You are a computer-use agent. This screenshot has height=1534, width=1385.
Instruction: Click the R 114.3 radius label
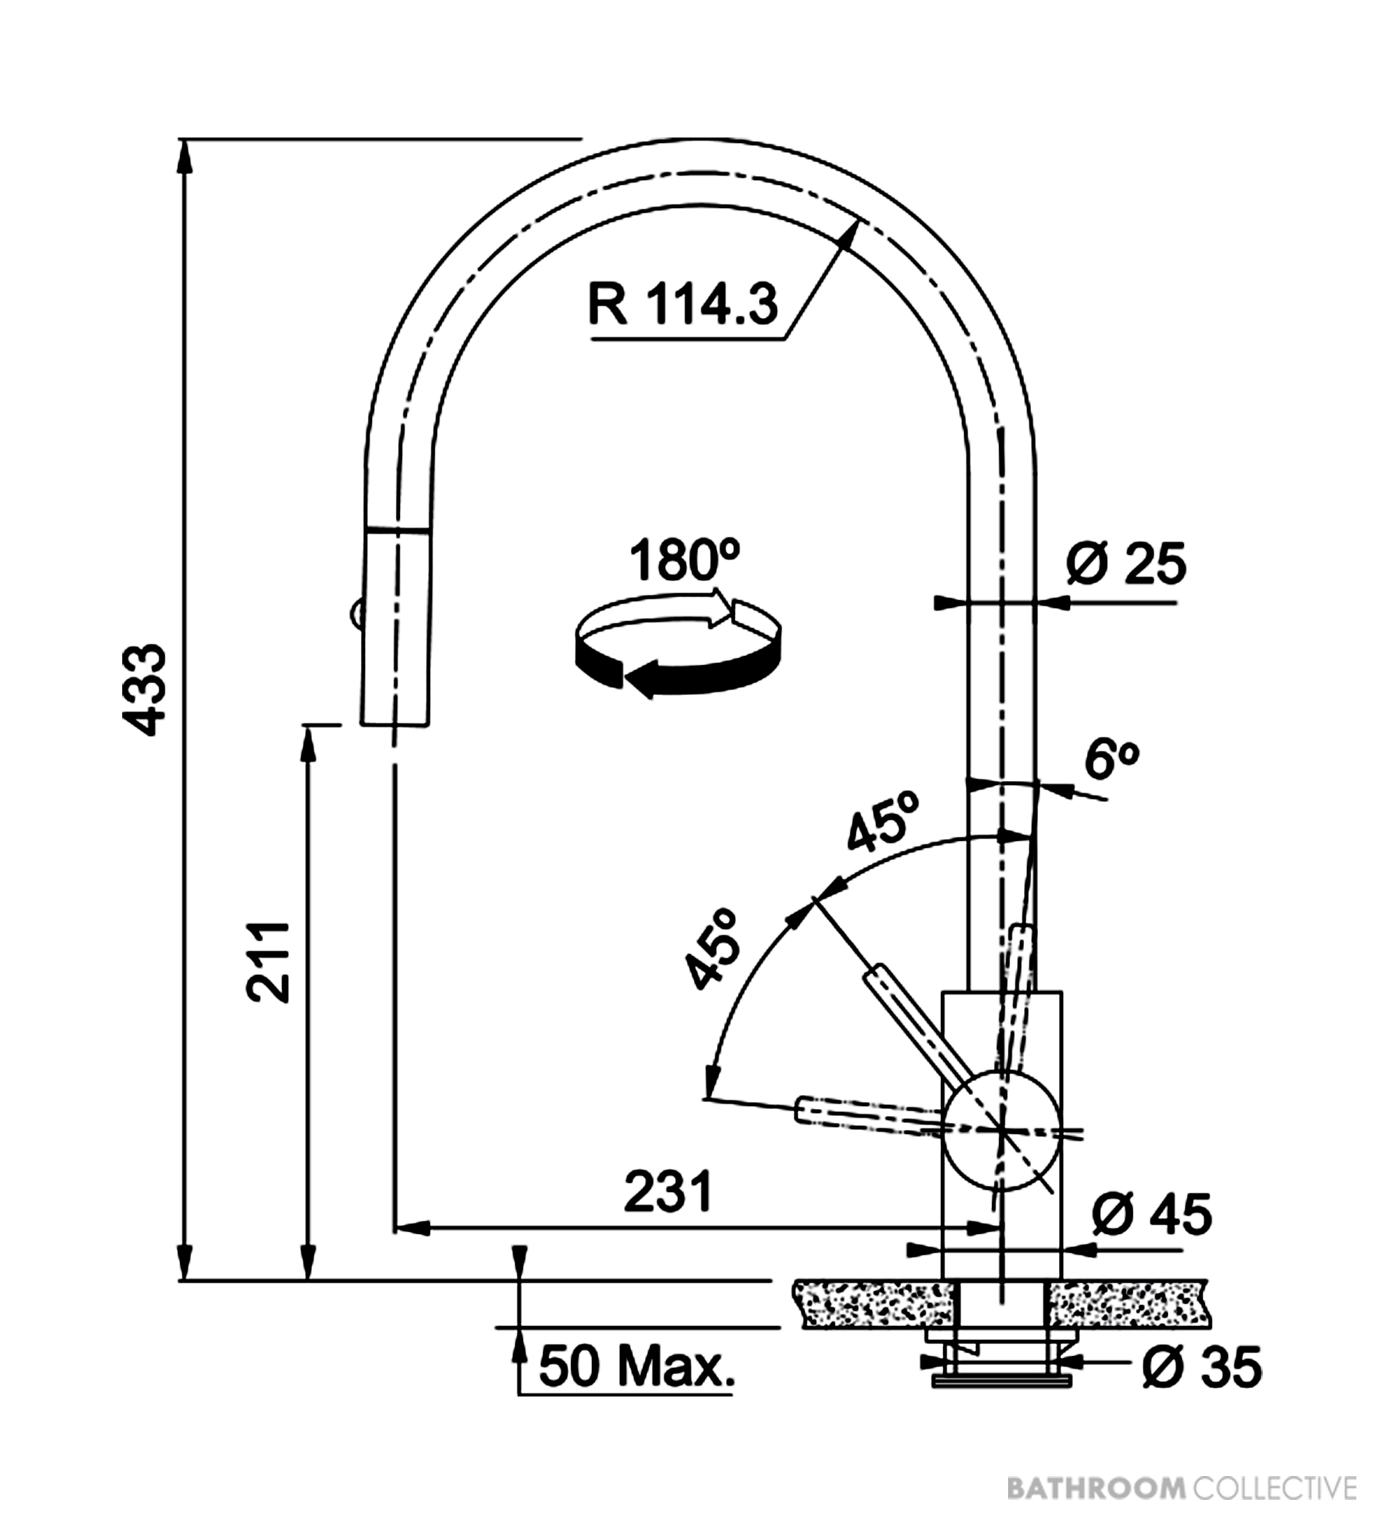(683, 304)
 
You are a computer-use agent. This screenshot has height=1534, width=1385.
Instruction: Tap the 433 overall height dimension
(145, 691)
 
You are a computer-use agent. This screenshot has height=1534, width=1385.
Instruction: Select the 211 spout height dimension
(268, 962)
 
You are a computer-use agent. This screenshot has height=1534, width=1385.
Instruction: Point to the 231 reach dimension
(669, 1190)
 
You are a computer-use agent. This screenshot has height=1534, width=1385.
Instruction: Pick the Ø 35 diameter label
(1201, 1367)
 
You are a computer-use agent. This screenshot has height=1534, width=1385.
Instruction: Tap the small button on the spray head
(355, 610)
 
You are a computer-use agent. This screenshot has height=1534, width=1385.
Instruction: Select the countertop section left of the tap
(873, 1304)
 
